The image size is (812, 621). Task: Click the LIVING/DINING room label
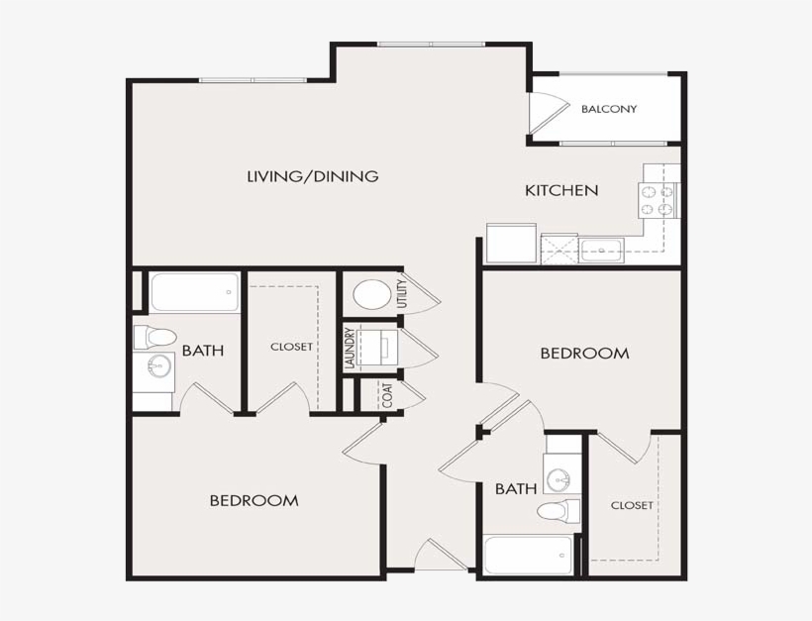(x=313, y=176)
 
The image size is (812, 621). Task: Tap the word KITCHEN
(x=561, y=190)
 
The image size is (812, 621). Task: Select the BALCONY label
(x=609, y=109)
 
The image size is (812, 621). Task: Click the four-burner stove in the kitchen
(x=658, y=200)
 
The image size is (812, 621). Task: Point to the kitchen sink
(x=601, y=251)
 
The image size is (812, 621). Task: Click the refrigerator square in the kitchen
(x=512, y=243)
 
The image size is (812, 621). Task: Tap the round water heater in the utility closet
(x=372, y=295)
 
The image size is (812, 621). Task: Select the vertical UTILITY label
(x=402, y=294)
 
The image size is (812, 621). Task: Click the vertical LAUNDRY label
(x=351, y=348)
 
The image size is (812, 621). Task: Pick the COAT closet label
(x=388, y=395)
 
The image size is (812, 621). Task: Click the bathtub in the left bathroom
(x=195, y=292)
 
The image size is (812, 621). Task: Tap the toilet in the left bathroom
(x=155, y=338)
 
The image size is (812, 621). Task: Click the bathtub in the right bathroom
(x=528, y=556)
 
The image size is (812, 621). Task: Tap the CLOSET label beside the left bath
(x=291, y=347)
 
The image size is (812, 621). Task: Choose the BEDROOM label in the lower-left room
(x=254, y=501)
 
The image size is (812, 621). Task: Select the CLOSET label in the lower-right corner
(x=632, y=505)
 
